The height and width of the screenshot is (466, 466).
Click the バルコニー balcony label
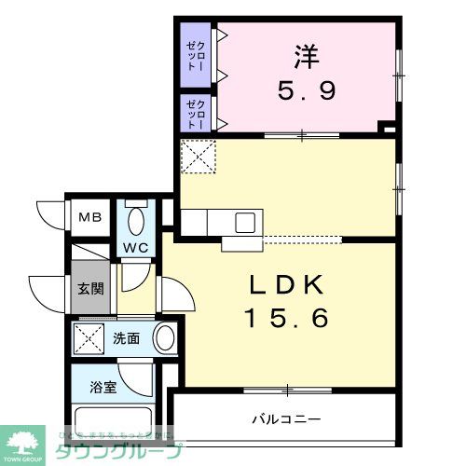tap(286, 418)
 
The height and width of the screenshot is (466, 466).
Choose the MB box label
tap(89, 218)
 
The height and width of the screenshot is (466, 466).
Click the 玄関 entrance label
tap(90, 287)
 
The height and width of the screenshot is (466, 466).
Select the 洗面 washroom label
tap(127, 338)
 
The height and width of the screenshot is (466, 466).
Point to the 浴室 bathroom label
tap(103, 387)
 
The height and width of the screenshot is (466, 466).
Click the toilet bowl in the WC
tap(137, 223)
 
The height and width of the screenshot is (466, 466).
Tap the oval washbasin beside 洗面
tap(164, 337)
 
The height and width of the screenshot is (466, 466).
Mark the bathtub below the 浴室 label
tap(112, 423)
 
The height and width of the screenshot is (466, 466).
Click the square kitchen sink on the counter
tap(246, 222)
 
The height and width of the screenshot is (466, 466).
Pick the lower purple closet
tap(193, 112)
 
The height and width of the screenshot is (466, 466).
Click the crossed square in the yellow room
tap(197, 156)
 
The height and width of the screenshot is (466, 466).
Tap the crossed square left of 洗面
tap(89, 338)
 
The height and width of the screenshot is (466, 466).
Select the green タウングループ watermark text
tap(116, 448)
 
